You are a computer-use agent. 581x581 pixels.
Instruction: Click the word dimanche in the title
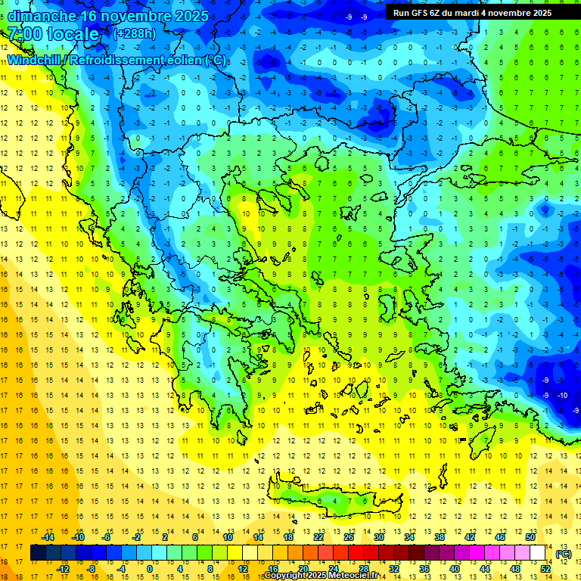[x=42, y=15]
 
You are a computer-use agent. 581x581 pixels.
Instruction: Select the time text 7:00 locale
[x=54, y=34]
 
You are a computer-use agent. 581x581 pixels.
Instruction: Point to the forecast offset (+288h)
[x=135, y=34]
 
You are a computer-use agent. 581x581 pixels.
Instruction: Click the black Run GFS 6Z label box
[x=472, y=13]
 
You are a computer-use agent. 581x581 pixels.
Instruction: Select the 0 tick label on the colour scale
[x=149, y=569]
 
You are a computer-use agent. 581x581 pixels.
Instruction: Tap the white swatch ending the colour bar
[x=537, y=553]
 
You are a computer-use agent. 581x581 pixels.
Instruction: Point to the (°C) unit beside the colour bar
[x=563, y=554]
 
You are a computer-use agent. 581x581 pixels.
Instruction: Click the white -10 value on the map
[x=562, y=396]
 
